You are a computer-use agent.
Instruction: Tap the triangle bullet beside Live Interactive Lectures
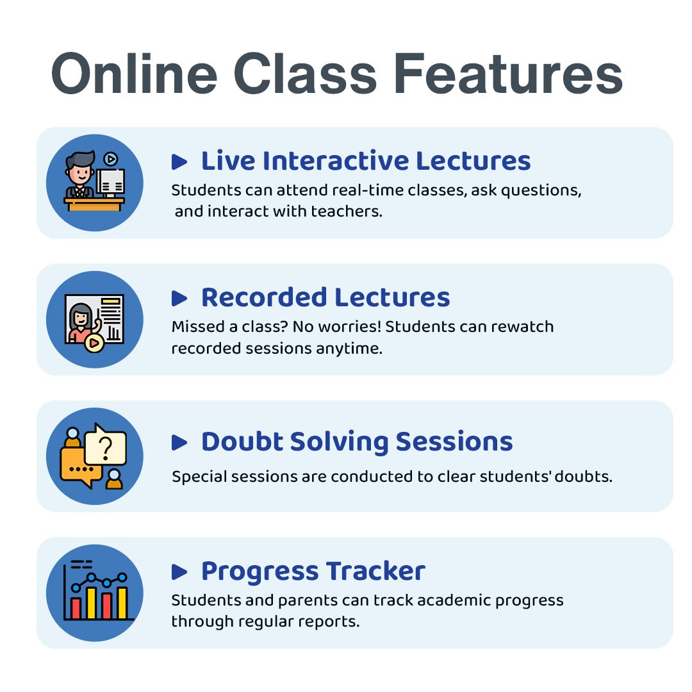(179, 162)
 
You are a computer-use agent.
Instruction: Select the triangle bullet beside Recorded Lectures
(179, 299)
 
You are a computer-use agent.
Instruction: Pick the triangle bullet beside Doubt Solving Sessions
(179, 443)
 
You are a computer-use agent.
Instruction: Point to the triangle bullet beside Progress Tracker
(179, 572)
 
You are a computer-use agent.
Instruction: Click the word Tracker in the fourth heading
(375, 572)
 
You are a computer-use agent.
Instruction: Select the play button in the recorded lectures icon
(94, 343)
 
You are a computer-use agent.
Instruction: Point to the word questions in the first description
(545, 191)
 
